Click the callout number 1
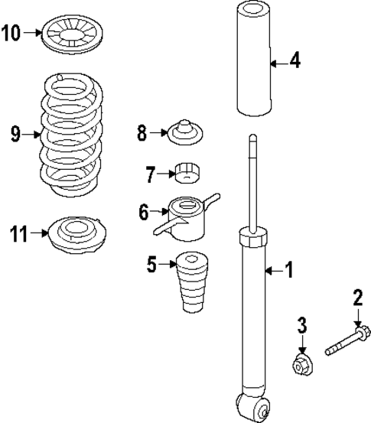point(288,269)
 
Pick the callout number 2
point(357,297)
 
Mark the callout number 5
point(152,266)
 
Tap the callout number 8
point(142,134)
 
